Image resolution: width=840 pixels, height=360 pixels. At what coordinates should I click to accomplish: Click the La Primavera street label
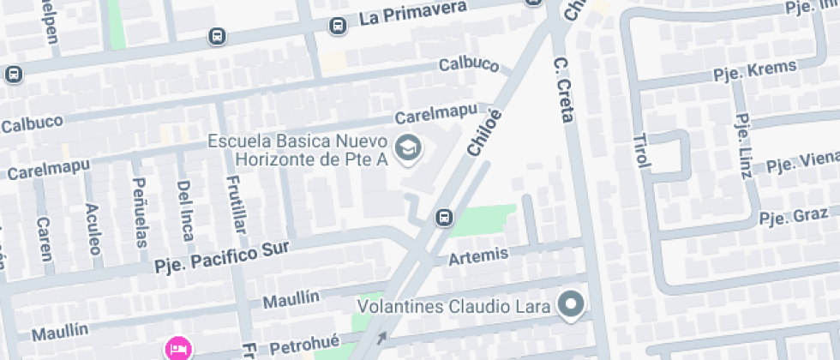[413, 13]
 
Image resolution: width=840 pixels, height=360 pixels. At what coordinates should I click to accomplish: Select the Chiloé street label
[484, 132]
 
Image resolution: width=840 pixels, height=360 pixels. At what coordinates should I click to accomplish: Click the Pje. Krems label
[755, 70]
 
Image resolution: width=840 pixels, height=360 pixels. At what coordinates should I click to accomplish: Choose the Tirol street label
[641, 150]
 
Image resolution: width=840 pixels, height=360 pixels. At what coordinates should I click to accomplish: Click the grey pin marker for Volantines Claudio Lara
[571, 303]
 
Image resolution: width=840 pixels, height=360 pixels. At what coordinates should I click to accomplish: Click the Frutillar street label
[233, 205]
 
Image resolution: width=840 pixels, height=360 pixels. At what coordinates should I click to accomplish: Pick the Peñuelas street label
[140, 212]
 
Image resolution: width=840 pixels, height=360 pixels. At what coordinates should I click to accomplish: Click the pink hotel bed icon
[178, 348]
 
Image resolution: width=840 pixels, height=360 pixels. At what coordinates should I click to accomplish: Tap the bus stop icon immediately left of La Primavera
[338, 26]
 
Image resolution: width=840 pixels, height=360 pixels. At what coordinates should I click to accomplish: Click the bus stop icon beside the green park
[444, 218]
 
